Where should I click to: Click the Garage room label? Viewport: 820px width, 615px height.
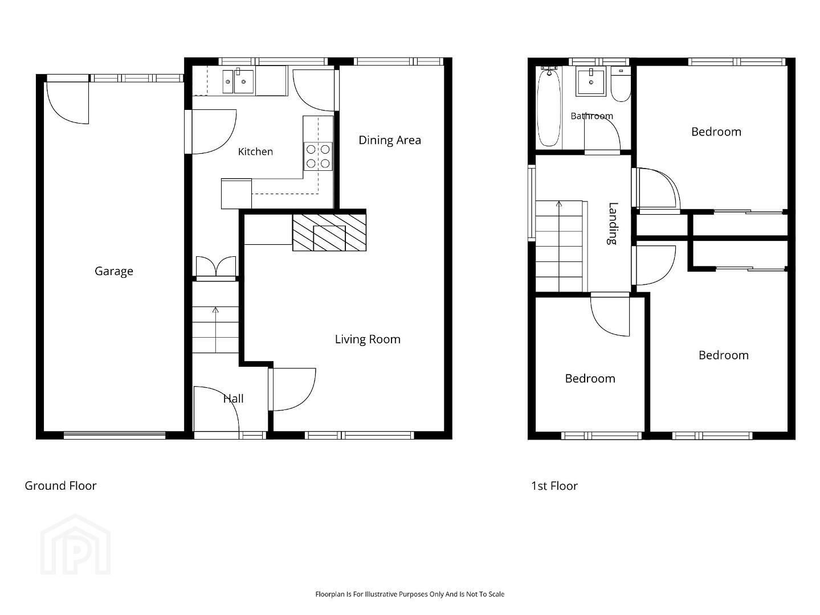coord(113,271)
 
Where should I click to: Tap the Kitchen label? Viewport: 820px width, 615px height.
coord(255,151)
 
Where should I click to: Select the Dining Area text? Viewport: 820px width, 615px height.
coord(390,140)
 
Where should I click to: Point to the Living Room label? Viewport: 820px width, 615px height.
coord(368,339)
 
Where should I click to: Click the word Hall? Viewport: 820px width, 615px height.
coord(233,399)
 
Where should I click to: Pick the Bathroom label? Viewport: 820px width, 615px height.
coord(591,116)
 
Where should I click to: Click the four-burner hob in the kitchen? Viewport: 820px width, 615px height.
coord(318,157)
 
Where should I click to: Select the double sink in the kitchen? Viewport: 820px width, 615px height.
coord(238,81)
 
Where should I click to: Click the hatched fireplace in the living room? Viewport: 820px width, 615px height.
coord(329,232)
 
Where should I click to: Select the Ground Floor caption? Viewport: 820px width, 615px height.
coord(60,486)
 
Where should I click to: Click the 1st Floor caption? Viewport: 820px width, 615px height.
coord(554,486)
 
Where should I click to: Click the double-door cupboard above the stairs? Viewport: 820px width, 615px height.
coord(216,267)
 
